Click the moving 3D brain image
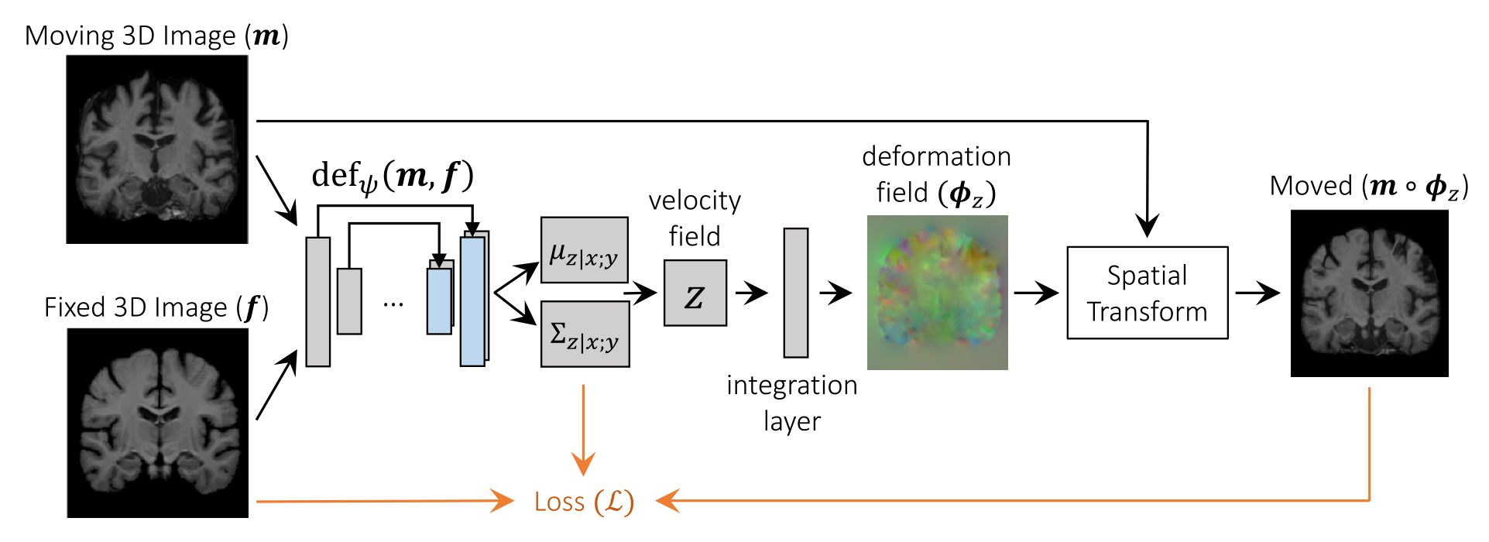(x=157, y=149)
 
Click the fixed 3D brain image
(x=158, y=423)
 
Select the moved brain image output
(x=1369, y=293)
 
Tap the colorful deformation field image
(x=937, y=293)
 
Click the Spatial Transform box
(x=1147, y=293)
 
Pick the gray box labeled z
(x=695, y=293)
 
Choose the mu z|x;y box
(x=584, y=250)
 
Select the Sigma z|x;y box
(x=585, y=334)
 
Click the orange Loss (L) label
(x=584, y=502)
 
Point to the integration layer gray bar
(x=795, y=293)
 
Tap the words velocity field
(x=695, y=218)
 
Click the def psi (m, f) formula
(x=392, y=177)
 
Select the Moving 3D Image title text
(x=156, y=36)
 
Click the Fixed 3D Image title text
(x=156, y=307)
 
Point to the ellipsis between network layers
(x=393, y=304)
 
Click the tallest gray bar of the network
(x=318, y=302)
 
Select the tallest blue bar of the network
(x=472, y=302)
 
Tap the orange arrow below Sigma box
(x=583, y=430)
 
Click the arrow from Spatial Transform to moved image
(x=1257, y=293)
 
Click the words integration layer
(x=791, y=403)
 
